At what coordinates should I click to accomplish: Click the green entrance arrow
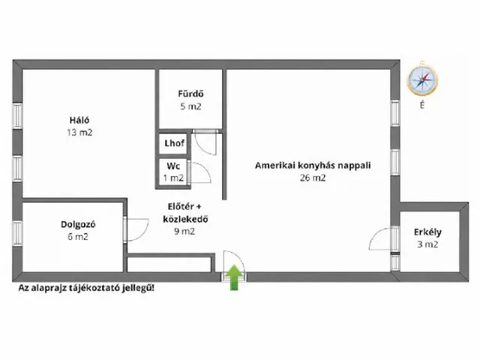click(x=234, y=277)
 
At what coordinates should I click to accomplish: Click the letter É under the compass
click(x=422, y=105)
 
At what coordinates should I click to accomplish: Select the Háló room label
click(x=79, y=120)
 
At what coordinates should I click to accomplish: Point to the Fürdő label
click(x=190, y=93)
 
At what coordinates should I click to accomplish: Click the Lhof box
click(x=175, y=143)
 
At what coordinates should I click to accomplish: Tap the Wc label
click(x=173, y=166)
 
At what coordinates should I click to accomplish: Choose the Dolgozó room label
click(x=78, y=224)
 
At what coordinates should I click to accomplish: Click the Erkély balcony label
click(x=427, y=232)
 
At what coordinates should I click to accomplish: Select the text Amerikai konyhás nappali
click(x=313, y=165)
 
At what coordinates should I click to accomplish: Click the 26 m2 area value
click(x=313, y=178)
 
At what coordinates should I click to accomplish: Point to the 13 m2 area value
click(x=79, y=133)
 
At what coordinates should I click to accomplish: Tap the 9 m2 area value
click(x=184, y=231)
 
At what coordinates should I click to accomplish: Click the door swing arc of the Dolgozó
click(x=145, y=232)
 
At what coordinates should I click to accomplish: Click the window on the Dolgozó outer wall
click(x=17, y=232)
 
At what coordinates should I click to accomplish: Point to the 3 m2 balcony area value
click(x=427, y=244)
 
